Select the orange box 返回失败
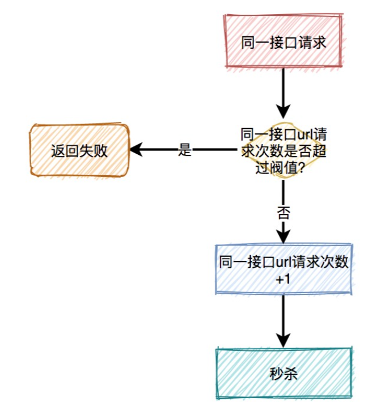tap(79, 151)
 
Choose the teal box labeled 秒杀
tap(284, 373)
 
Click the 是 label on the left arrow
tap(185, 150)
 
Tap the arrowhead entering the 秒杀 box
tap(283, 340)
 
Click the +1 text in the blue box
tap(283, 280)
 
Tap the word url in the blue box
tap(284, 262)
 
